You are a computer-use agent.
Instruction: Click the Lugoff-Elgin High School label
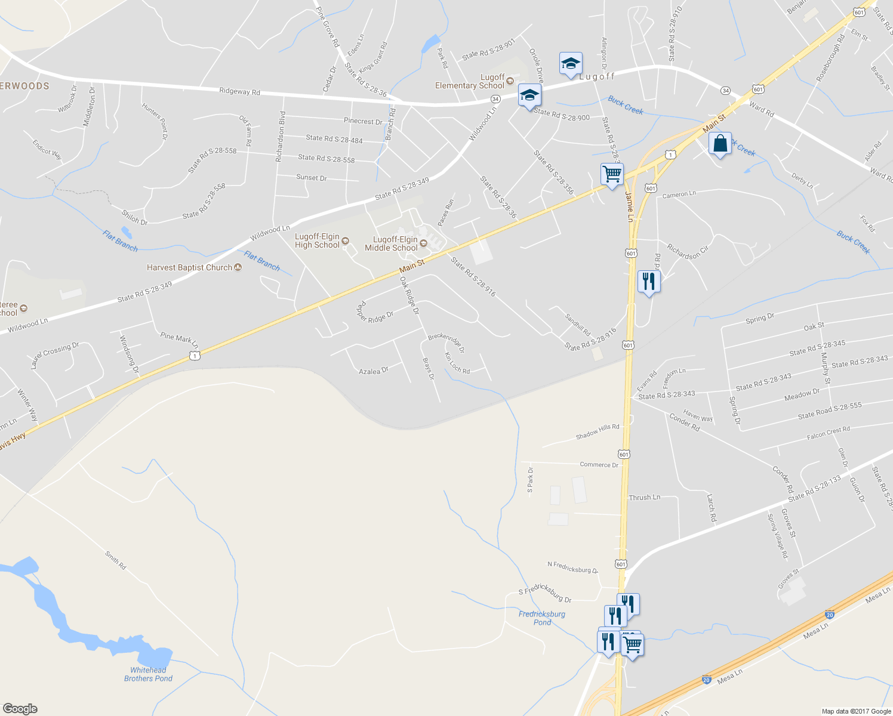[318, 241]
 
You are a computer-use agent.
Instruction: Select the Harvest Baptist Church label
[189, 268]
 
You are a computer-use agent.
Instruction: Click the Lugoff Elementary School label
[470, 82]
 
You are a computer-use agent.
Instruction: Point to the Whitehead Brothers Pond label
[148, 674]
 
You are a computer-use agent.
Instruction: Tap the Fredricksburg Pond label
[542, 618]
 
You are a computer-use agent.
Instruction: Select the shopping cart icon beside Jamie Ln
[612, 175]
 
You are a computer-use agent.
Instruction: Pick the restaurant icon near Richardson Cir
[649, 281]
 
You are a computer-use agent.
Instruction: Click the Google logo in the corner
[20, 709]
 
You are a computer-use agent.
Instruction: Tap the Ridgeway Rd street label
[239, 92]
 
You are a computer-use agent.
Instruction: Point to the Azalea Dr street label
[374, 371]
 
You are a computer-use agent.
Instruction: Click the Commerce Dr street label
[599, 465]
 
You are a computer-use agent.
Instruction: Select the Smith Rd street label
[116, 560]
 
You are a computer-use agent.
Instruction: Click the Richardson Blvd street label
[280, 137]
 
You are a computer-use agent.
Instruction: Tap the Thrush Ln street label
[645, 498]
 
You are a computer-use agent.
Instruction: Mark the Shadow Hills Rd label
[598, 431]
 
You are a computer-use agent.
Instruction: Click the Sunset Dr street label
[312, 178]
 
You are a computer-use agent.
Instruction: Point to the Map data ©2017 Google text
[856, 711]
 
